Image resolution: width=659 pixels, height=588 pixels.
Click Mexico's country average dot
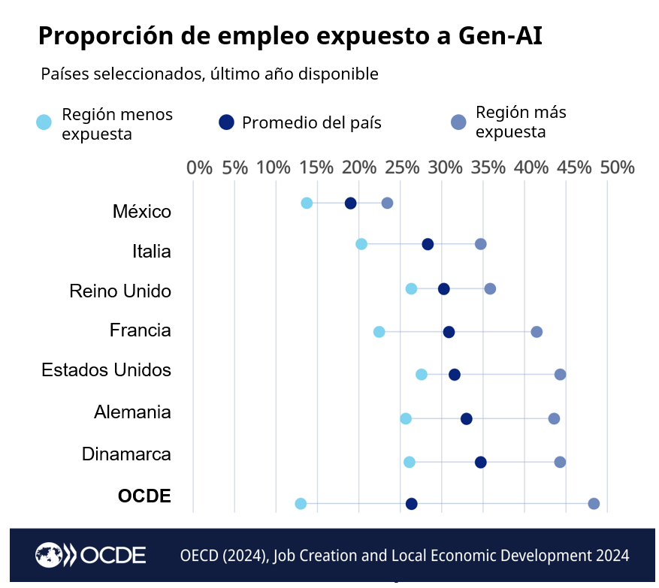350,204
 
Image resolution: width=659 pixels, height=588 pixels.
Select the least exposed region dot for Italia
361,244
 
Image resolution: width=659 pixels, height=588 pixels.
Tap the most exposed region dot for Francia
537,332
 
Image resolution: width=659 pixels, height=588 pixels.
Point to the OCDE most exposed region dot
594,504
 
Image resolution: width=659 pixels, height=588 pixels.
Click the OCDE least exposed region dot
301,504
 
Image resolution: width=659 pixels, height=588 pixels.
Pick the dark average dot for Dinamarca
481,462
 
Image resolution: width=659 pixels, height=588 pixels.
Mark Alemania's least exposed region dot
406,418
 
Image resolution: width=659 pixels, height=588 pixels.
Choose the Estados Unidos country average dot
455,375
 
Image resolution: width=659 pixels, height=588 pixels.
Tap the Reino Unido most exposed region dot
490,289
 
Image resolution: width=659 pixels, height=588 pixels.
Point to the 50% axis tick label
617,167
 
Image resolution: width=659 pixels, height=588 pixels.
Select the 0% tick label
199,167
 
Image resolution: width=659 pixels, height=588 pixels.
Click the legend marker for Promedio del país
226,122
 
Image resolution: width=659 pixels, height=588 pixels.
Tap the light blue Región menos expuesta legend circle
44,122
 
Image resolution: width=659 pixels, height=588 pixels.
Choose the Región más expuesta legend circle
458,122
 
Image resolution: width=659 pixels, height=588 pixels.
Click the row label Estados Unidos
106,370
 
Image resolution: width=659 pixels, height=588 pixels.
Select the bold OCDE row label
144,496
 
